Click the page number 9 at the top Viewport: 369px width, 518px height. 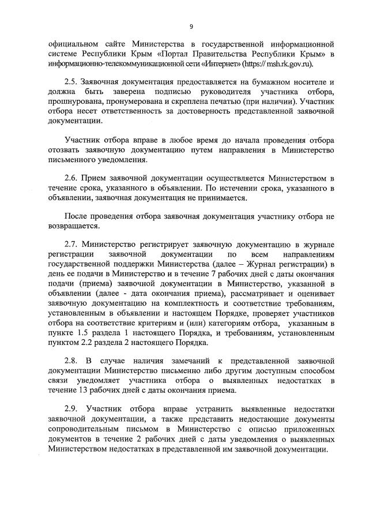pos(191,25)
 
